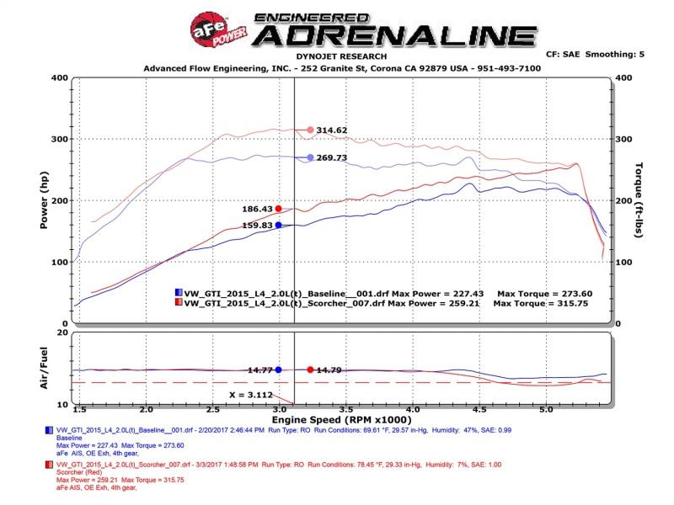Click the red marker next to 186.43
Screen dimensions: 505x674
tap(279, 209)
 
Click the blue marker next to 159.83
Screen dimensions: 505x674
tap(278, 225)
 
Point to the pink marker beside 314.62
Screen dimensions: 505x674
tap(310, 130)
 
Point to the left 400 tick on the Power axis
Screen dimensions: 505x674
tap(58, 77)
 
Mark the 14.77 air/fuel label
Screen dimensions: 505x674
tap(259, 369)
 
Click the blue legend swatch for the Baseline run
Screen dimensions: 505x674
tap(179, 292)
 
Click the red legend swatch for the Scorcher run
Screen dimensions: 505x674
tap(179, 302)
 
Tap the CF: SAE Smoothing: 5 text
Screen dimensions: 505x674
tap(595, 54)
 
